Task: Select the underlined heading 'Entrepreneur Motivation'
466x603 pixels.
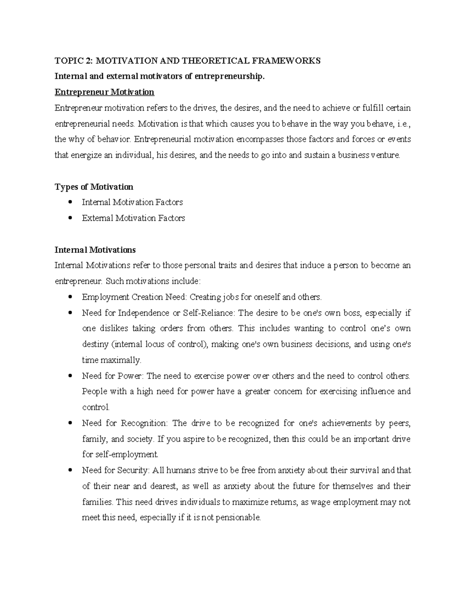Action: coord(104,92)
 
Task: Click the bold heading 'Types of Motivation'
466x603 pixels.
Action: coord(94,187)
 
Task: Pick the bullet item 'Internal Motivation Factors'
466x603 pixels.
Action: coord(132,202)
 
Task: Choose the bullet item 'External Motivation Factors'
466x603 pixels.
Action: coord(133,218)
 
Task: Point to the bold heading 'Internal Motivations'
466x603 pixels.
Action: coord(95,249)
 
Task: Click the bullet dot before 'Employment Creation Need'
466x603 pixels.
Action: coord(70,297)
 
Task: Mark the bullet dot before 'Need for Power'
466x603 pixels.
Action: coord(70,376)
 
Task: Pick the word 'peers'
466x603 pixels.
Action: coord(400,423)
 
